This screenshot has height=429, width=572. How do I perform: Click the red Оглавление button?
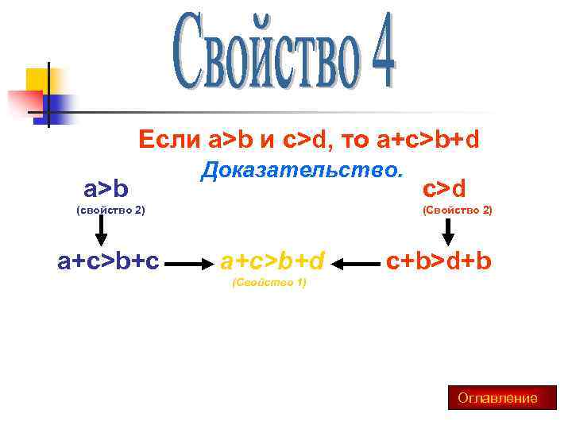coord(497,398)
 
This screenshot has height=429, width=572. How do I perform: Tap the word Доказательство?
coord(302,169)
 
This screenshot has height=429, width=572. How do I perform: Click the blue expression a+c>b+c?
coord(109,260)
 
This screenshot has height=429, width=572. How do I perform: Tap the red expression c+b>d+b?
coord(439,260)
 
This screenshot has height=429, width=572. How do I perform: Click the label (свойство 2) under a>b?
coord(110,211)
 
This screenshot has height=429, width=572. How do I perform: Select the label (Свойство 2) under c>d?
coord(458,211)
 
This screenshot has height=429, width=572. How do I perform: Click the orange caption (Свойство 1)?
coord(268,282)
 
